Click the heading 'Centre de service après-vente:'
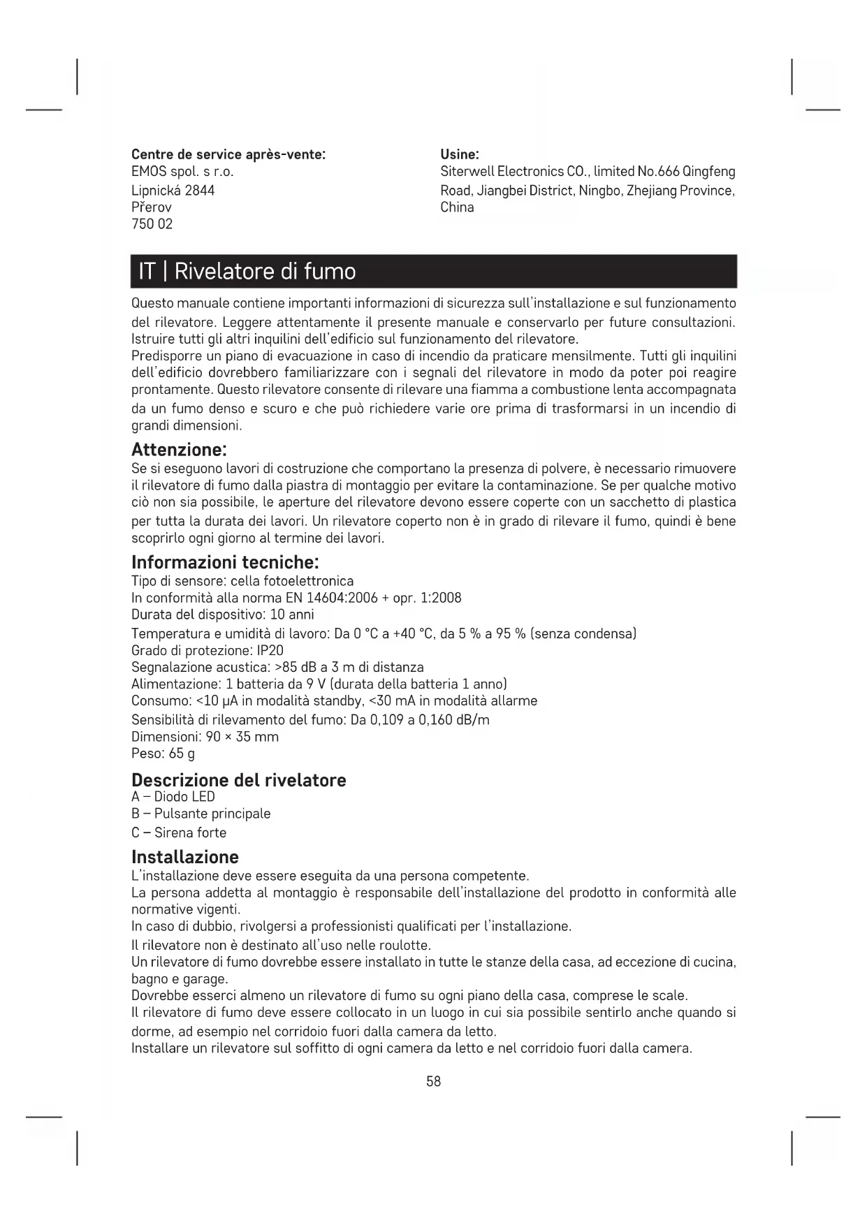coord(228,154)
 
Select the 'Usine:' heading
coord(459,154)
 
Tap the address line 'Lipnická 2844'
coord(173,190)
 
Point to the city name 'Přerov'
coord(152,207)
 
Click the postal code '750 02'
coord(152,224)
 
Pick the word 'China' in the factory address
coord(457,207)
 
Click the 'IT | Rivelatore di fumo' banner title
coord(247,271)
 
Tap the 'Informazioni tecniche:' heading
coord(225,562)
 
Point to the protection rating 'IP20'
coord(270,650)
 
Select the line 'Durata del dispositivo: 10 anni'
coord(223,615)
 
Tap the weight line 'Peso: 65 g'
coord(163,754)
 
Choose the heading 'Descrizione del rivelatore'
coord(239,779)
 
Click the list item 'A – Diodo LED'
coord(173,797)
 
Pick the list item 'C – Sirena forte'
coord(179,832)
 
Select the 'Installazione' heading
coord(185,857)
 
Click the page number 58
coord(434,1081)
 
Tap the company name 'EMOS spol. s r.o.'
coord(182,172)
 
